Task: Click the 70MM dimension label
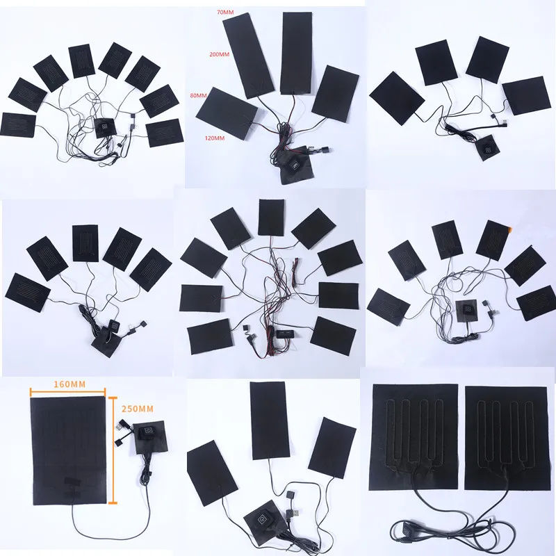point(225,12)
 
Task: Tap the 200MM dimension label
point(220,54)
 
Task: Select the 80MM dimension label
point(198,95)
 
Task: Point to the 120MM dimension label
point(215,138)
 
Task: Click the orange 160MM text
point(69,384)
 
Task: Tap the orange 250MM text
point(138,409)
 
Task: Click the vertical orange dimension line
point(113,450)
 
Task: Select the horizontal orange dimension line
point(67,392)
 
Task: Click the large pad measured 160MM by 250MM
point(69,450)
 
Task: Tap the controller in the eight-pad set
point(105,128)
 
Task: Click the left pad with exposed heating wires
point(414,438)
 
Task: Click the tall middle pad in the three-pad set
point(269,420)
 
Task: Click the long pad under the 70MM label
point(248,56)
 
